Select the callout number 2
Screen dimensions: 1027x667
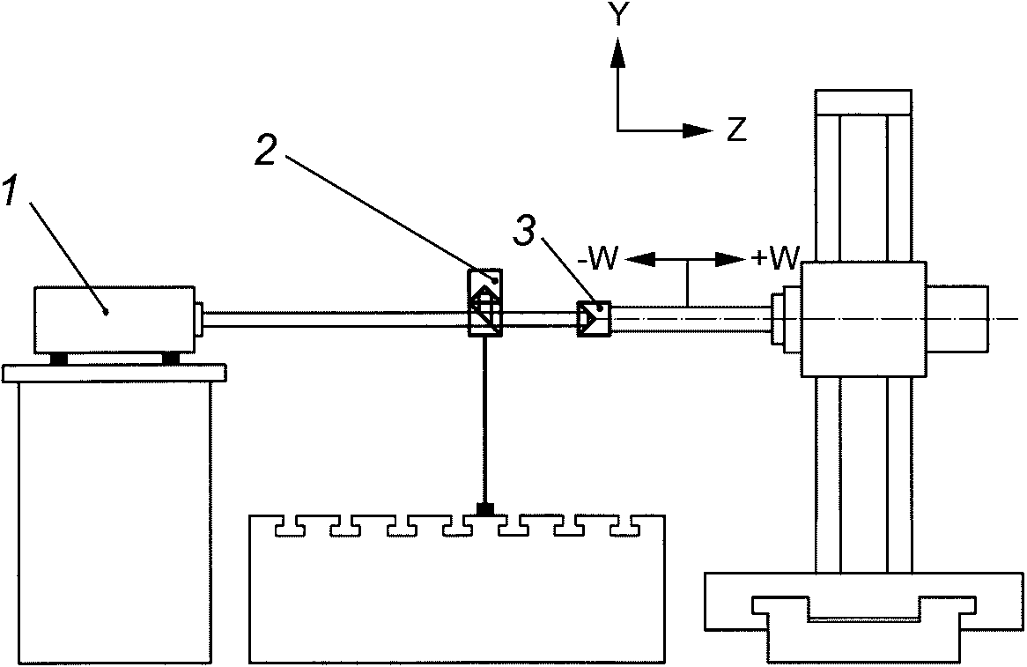[267, 150]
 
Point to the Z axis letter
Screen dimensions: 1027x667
[737, 130]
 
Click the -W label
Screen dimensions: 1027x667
[599, 259]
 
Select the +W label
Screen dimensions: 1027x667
[775, 259]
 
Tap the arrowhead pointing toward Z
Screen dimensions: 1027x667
[697, 130]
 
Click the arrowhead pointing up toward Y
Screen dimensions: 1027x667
[617, 52]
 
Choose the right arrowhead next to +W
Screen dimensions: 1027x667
[730, 259]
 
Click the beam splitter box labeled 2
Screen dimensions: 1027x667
[484, 302]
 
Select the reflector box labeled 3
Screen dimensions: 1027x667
[594, 319]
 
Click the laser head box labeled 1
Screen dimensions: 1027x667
[115, 320]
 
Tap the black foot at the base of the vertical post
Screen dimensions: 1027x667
[485, 509]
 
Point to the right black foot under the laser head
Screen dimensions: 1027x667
[170, 359]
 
